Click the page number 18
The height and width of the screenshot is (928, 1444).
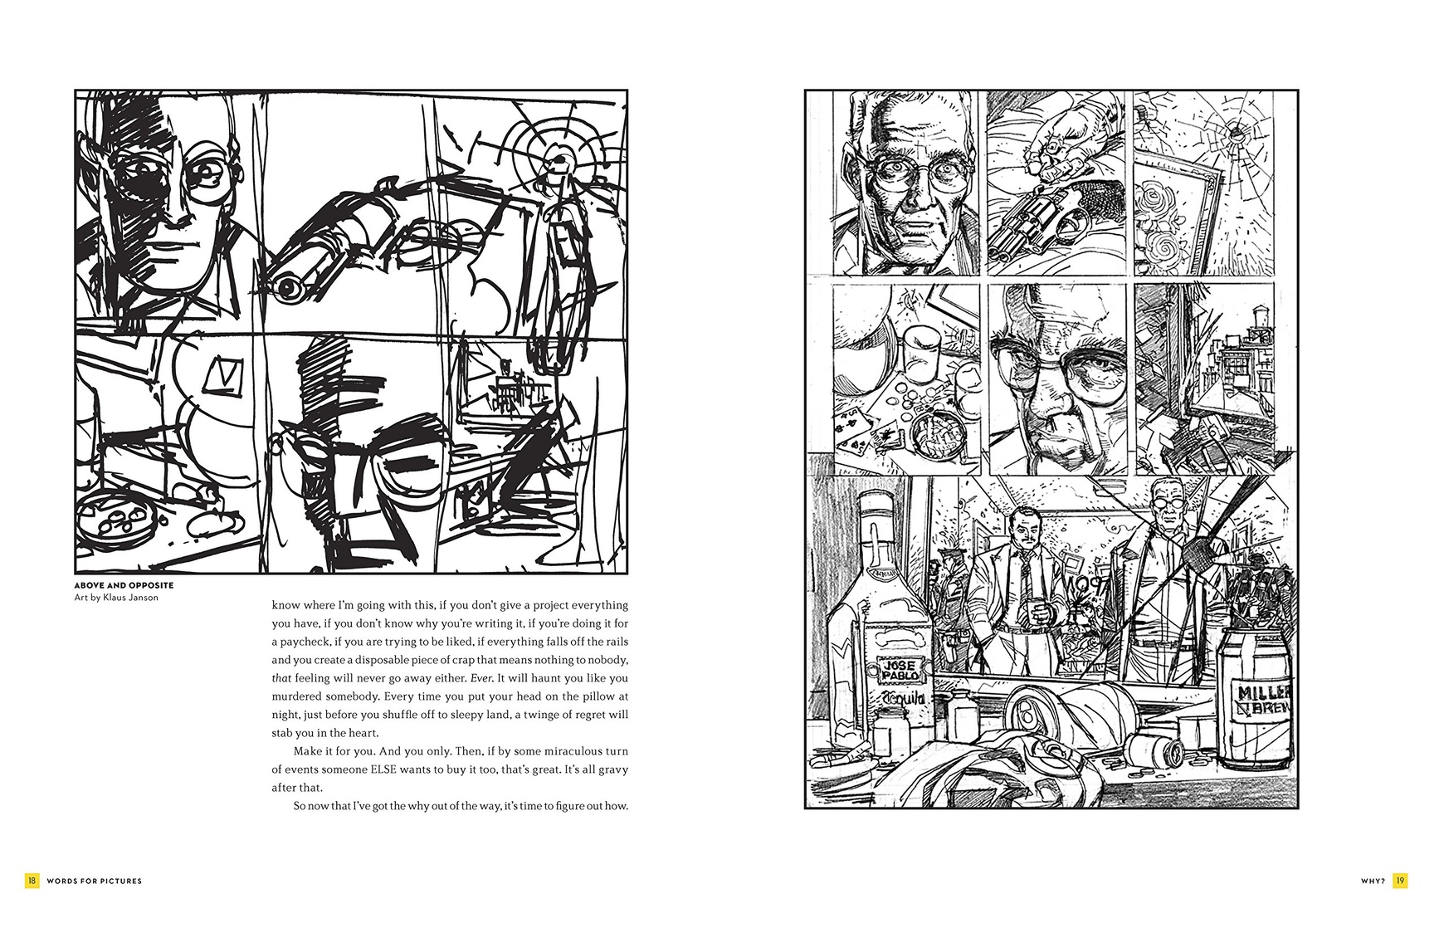pyautogui.click(x=32, y=881)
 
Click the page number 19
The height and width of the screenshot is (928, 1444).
pyautogui.click(x=1400, y=881)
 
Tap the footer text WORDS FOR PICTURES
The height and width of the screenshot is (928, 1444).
pyautogui.click(x=95, y=881)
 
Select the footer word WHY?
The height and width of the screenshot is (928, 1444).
pyautogui.click(x=1373, y=881)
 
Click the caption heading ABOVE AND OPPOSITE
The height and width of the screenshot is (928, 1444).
pyautogui.click(x=124, y=585)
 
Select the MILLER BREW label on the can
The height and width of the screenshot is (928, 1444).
pyautogui.click(x=1265, y=702)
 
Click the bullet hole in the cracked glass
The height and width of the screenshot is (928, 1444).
pyautogui.click(x=1239, y=132)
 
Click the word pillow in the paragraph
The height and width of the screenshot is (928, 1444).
pyautogui.click(x=598, y=696)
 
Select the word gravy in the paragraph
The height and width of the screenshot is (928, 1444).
pyautogui.click(x=612, y=769)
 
